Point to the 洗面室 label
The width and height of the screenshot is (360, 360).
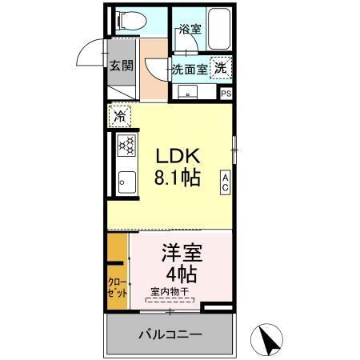click(x=190, y=70)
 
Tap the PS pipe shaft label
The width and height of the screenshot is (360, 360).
click(x=226, y=93)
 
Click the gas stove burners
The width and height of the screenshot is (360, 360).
click(x=127, y=146)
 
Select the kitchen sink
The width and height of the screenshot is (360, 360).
click(x=126, y=182)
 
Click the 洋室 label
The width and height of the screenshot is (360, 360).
click(x=181, y=254)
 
